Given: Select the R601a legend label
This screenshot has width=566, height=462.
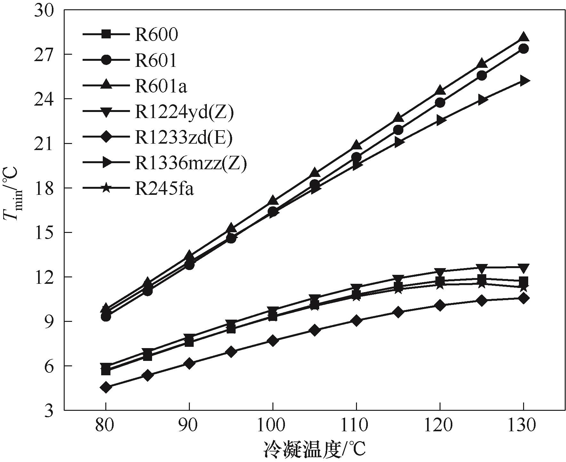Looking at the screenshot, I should [161, 86].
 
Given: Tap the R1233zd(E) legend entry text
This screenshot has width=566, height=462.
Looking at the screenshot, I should [183, 138].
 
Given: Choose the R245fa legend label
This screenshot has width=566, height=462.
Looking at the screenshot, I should [164, 189].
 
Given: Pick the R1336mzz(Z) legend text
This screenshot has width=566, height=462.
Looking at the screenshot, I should [191, 163].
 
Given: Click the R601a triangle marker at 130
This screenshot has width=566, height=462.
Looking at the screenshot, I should [523, 37].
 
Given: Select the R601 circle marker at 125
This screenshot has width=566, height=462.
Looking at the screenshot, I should [481, 76].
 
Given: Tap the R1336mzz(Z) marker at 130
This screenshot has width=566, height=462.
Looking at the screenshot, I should [523, 81].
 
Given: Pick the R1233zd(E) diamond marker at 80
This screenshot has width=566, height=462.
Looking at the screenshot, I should [106, 387].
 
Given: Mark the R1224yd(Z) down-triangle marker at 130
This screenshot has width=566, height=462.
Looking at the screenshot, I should [523, 267].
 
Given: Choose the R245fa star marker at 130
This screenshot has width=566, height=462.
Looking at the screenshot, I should [523, 288].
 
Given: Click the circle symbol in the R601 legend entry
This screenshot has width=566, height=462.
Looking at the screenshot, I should [106, 60].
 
